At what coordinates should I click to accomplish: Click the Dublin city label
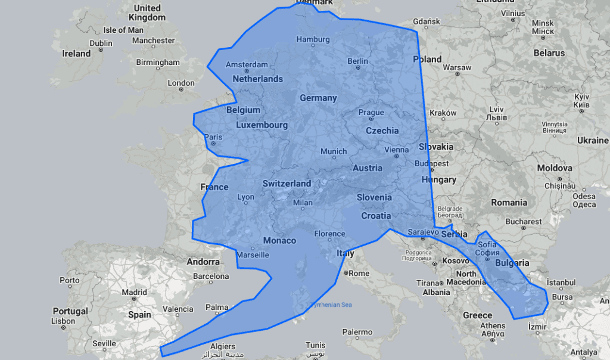click(101, 43)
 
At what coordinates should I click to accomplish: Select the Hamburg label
click(313, 39)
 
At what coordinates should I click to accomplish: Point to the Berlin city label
click(357, 61)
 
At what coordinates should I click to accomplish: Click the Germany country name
click(318, 98)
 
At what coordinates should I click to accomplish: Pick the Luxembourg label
click(262, 125)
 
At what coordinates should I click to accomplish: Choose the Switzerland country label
click(287, 184)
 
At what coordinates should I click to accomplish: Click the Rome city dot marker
click(346, 273)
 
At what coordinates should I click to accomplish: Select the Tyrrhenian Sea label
click(331, 305)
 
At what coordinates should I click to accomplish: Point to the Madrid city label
click(134, 292)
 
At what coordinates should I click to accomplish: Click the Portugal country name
click(70, 311)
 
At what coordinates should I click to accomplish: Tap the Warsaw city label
click(457, 67)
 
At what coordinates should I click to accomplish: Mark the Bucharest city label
click(523, 222)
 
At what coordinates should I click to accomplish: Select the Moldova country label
click(554, 169)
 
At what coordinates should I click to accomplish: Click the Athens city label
click(493, 325)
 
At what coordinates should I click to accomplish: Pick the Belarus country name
click(549, 53)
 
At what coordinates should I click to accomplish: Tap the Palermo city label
click(357, 332)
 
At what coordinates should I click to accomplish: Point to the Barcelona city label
click(211, 276)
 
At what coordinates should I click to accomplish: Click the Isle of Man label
click(123, 30)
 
